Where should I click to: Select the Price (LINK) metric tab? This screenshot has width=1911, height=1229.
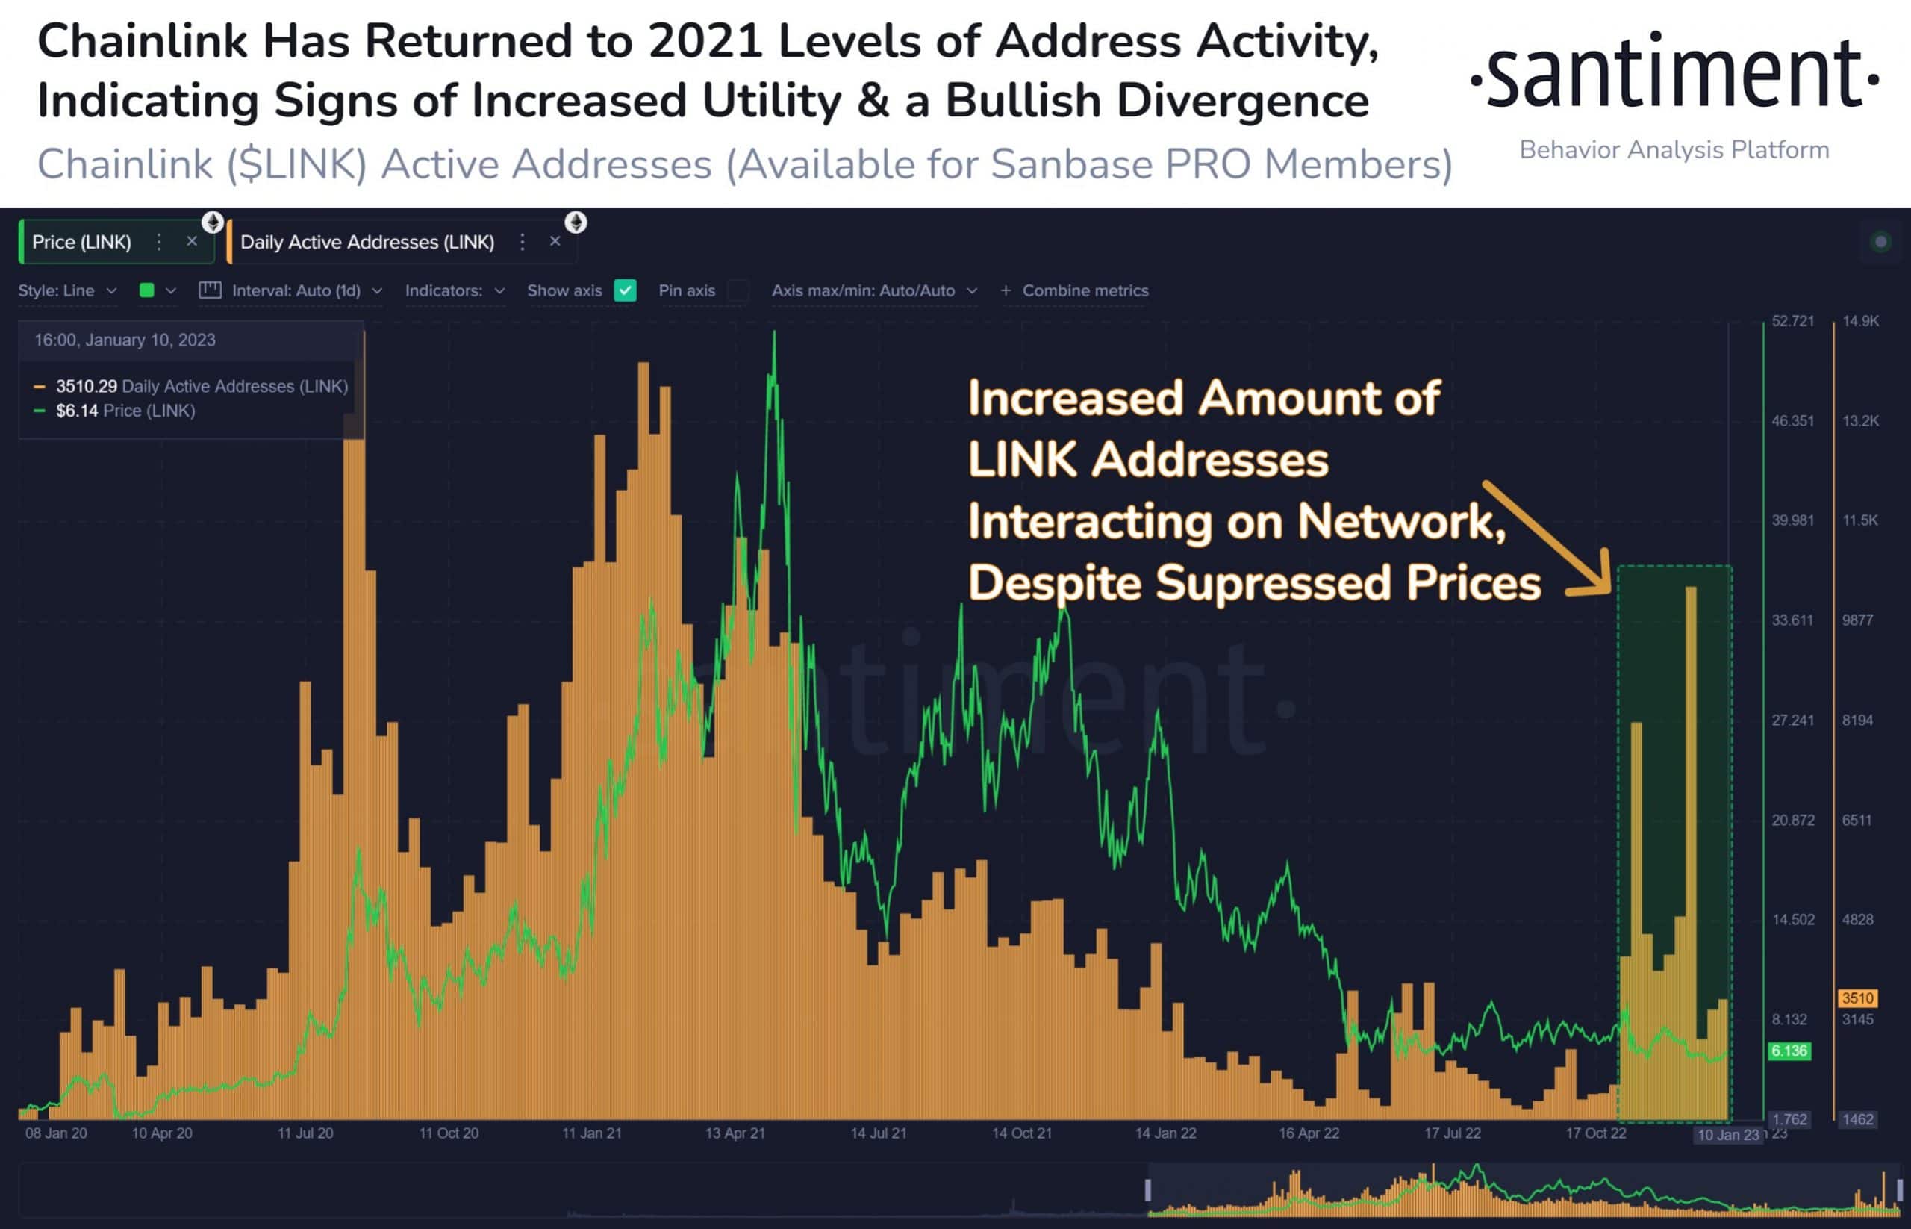click(81, 242)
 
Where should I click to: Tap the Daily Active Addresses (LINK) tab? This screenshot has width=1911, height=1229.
click(367, 242)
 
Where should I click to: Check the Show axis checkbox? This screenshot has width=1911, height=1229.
click(625, 290)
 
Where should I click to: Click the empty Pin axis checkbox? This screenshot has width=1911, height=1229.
click(738, 290)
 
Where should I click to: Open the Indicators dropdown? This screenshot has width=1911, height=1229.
click(454, 290)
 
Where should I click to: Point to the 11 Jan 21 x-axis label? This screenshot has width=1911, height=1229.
click(591, 1133)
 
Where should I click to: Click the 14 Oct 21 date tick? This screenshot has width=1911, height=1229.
click(1021, 1133)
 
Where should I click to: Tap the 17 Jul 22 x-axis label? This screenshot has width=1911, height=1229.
click(1452, 1133)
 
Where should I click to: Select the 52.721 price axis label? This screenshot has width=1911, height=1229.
click(1792, 321)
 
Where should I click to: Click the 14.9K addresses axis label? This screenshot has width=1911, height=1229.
click(1860, 321)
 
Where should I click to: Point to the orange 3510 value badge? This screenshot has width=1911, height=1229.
click(1857, 998)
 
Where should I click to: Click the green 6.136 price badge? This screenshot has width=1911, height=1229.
click(1789, 1051)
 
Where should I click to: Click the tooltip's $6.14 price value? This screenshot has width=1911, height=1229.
click(77, 411)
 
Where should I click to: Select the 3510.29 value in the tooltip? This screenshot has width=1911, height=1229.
click(86, 386)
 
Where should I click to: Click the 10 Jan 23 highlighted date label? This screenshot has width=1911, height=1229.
click(1727, 1135)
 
